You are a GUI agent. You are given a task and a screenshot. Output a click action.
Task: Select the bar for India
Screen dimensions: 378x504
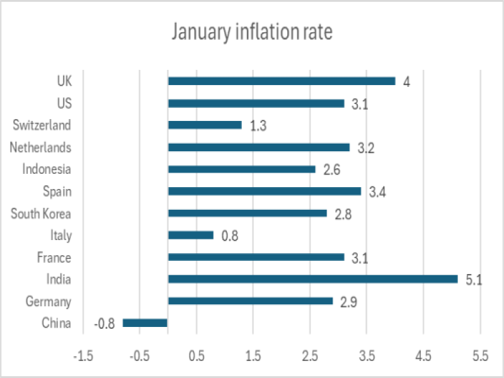click(x=312, y=279)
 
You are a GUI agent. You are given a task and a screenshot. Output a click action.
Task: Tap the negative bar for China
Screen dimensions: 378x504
click(x=145, y=323)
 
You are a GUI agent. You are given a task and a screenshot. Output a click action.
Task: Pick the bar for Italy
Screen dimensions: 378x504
click(x=191, y=235)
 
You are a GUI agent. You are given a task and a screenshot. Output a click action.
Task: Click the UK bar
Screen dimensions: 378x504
click(x=282, y=81)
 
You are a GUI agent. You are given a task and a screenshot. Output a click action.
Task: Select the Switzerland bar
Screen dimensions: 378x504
click(x=205, y=125)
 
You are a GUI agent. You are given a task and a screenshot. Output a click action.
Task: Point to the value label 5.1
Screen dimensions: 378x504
click(x=473, y=280)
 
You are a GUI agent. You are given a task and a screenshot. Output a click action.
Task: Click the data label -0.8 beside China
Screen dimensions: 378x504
click(x=104, y=324)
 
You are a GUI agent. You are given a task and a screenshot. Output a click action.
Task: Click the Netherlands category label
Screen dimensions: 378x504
click(x=40, y=147)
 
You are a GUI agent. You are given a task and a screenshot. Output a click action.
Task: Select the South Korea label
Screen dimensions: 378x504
click(x=41, y=214)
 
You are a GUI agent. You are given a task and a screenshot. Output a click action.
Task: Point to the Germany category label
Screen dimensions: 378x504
click(x=48, y=302)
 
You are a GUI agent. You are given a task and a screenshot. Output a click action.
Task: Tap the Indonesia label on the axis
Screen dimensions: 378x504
click(x=47, y=169)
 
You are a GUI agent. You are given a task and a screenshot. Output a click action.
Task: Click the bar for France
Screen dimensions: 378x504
click(x=256, y=257)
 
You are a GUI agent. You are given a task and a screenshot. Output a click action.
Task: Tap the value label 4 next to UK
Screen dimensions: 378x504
click(x=407, y=82)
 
